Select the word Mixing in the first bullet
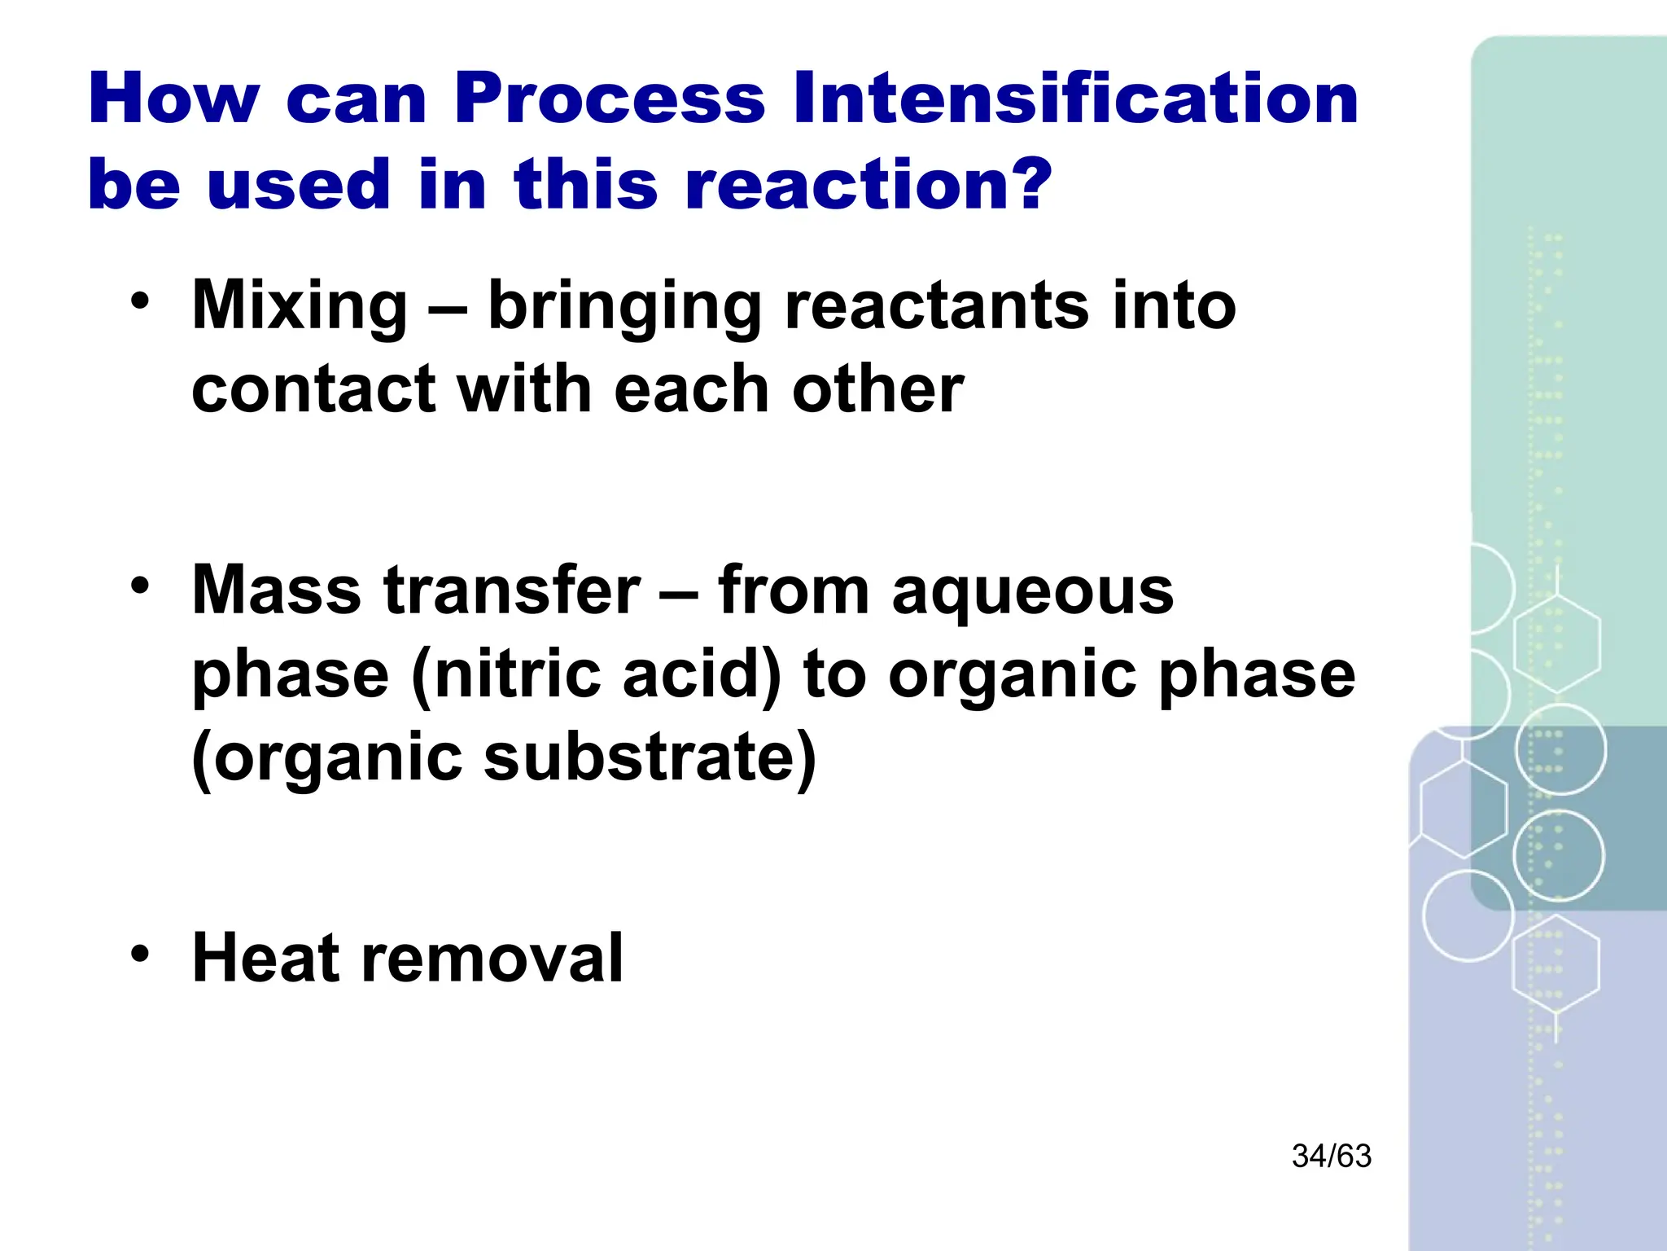coord(299,305)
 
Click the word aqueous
coord(1032,591)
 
